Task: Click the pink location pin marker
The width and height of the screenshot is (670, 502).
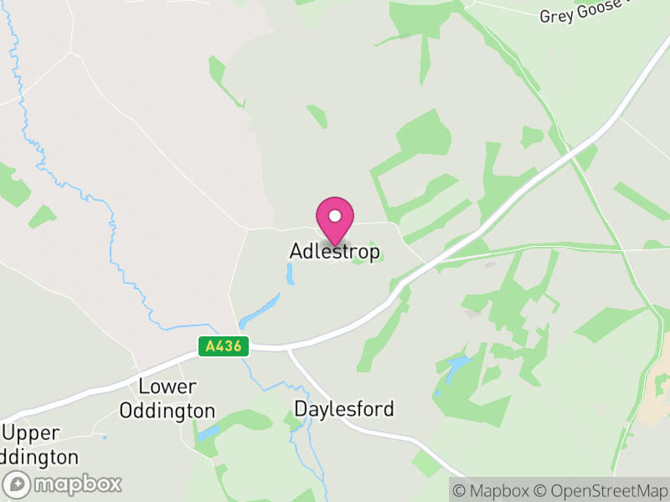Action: click(x=335, y=220)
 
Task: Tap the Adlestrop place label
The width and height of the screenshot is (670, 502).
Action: click(x=335, y=251)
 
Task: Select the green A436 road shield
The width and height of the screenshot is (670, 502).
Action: click(x=224, y=346)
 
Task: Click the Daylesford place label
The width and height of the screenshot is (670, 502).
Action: click(x=344, y=409)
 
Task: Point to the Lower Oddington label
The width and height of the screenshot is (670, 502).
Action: click(x=167, y=399)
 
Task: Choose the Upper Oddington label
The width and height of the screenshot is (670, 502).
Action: click(x=40, y=445)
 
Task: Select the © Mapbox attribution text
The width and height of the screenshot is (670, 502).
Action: click(x=495, y=490)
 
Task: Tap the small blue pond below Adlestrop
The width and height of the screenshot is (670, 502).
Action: click(x=290, y=274)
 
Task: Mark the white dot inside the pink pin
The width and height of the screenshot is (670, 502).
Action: click(x=335, y=215)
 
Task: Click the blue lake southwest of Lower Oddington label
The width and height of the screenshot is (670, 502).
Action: click(x=208, y=433)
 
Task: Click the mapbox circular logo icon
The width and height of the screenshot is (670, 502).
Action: click(x=18, y=484)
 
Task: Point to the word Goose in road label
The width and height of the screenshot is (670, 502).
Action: click(x=600, y=9)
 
